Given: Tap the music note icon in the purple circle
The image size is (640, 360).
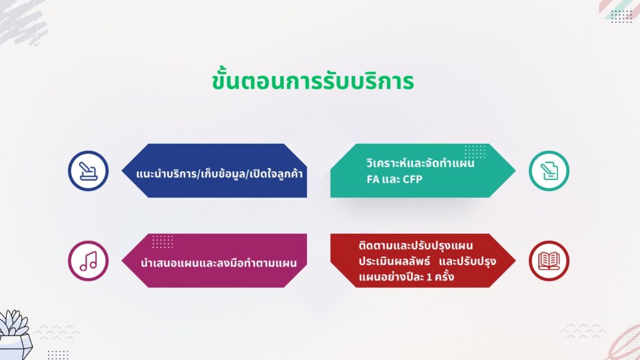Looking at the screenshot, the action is click(x=88, y=261).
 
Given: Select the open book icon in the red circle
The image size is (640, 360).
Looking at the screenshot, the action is click(x=549, y=261).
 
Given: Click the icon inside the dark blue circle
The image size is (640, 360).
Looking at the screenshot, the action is click(x=88, y=171).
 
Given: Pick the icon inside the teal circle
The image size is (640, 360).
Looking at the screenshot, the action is click(x=549, y=171).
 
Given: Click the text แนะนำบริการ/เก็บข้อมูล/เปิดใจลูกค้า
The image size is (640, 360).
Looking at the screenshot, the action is click(x=219, y=174).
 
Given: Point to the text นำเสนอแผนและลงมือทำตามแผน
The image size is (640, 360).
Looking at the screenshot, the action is click(x=219, y=263).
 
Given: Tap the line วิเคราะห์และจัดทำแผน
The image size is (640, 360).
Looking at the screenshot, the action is click(x=421, y=163).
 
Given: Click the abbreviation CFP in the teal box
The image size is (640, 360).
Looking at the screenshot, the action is click(x=412, y=179).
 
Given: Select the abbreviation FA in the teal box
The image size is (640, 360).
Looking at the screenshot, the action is click(x=373, y=179).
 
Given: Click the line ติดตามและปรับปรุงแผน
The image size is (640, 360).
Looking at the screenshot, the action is click(x=416, y=246).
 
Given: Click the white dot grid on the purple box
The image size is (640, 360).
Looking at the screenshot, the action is click(x=162, y=242).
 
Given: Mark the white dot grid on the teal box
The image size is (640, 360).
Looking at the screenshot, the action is click(x=475, y=151).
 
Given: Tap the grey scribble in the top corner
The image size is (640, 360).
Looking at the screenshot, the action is click(x=22, y=21).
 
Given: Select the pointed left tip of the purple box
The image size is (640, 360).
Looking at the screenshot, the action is click(x=122, y=261).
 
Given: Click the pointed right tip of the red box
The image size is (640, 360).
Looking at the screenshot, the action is click(x=515, y=261).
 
